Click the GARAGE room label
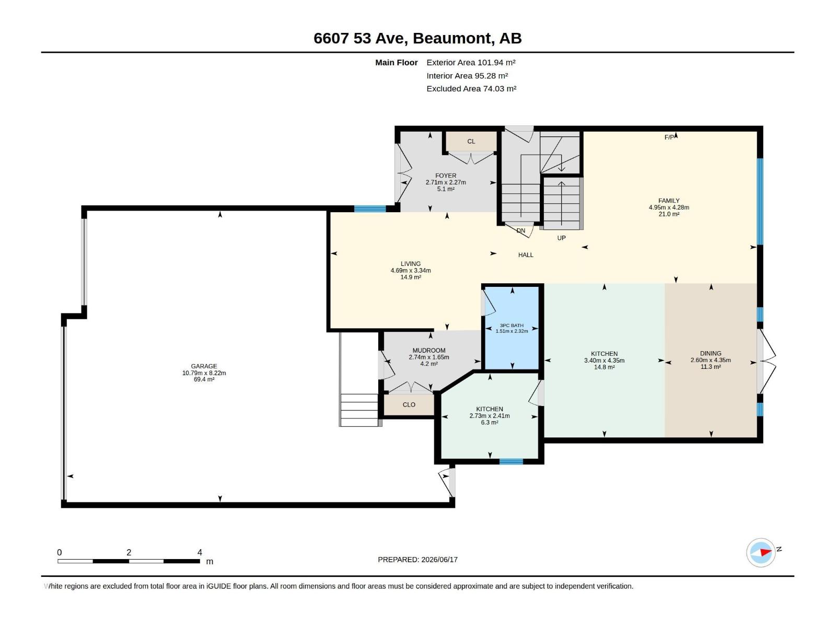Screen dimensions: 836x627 coord(204,366)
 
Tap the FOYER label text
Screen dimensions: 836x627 coord(446,176)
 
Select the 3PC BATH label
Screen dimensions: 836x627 coord(512,326)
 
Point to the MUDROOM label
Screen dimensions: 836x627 coord(429,350)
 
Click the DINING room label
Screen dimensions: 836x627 coord(710,353)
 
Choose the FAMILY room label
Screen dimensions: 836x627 coord(669,201)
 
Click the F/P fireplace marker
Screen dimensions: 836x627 coord(669,137)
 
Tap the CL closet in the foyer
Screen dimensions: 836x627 coord(471,141)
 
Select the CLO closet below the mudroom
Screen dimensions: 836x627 coord(409,404)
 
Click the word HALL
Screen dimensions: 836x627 coord(526,255)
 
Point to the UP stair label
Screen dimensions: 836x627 coord(561,238)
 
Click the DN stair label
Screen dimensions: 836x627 coord(520,230)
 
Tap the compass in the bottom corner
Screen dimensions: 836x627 coord(761,552)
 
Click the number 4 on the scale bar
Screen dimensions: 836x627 coord(200,552)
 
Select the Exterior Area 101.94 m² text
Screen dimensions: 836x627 coord(471,62)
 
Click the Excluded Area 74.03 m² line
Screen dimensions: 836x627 coord(471,89)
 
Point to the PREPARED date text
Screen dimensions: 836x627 coord(417,560)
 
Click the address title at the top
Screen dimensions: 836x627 coord(417,38)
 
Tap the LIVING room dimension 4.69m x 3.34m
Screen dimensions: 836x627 coord(411,270)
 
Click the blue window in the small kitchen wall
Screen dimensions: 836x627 coord(510,461)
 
